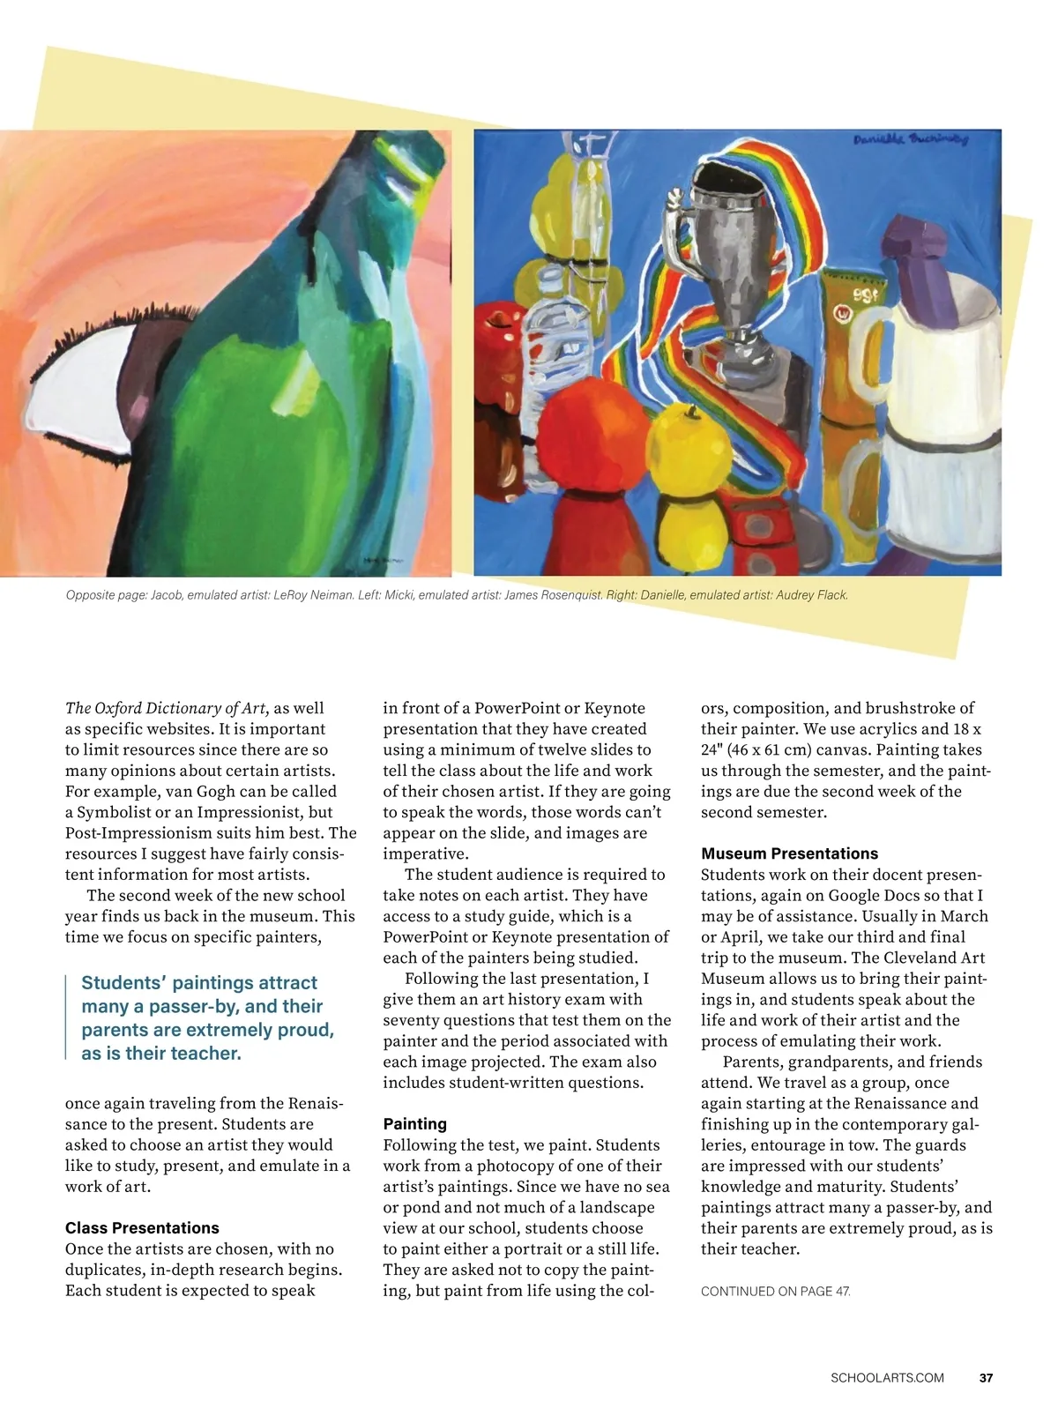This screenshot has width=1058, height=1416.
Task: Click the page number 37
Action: [986, 1377]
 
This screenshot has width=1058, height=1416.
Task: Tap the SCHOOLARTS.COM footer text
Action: [887, 1377]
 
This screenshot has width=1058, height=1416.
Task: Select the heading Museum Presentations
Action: [789, 853]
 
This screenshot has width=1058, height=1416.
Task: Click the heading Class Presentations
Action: [142, 1227]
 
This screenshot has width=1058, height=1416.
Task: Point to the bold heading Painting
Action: [414, 1123]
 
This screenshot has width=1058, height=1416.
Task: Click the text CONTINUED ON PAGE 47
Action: [775, 1291]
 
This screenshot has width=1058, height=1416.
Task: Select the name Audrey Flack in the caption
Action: [811, 595]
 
